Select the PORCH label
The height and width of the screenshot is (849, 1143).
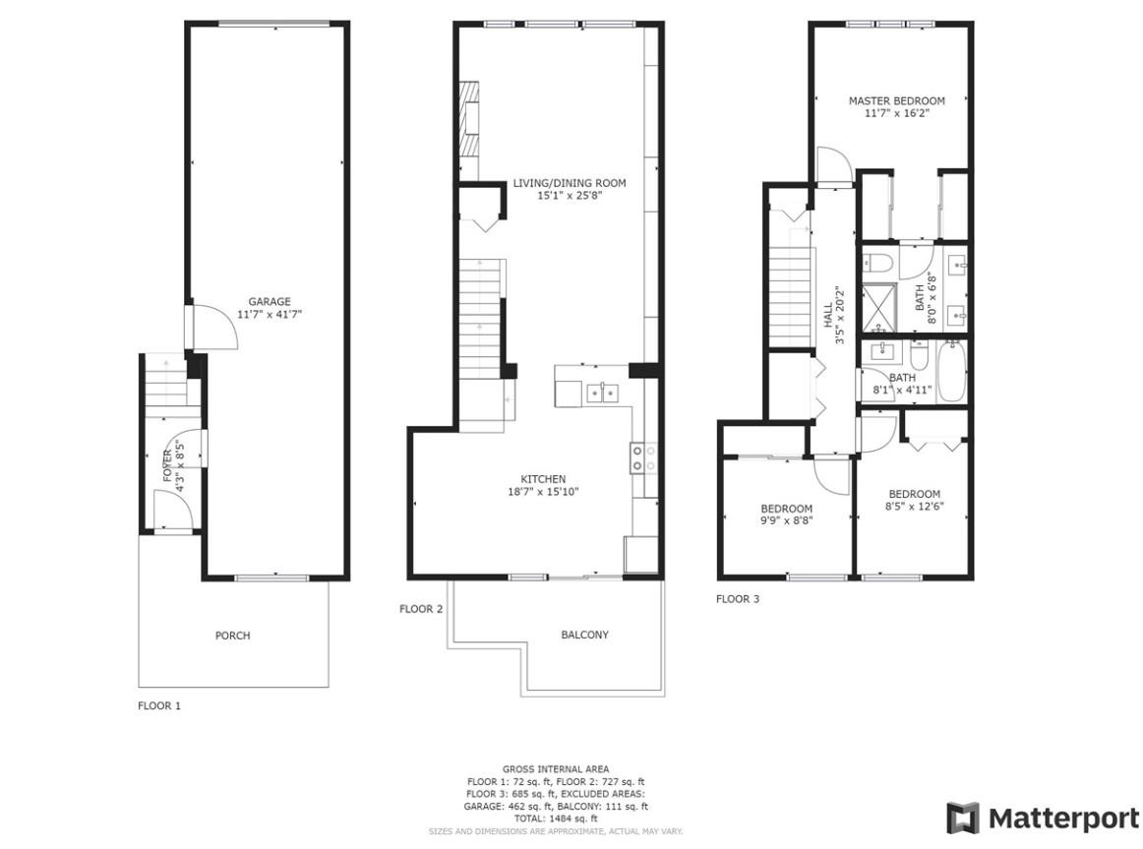(232, 636)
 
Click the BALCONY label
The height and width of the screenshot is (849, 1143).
(584, 636)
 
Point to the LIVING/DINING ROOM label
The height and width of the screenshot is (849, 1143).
(569, 183)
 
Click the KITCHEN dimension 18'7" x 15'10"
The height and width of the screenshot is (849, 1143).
(538, 492)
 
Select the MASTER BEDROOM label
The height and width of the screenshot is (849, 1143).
(896, 100)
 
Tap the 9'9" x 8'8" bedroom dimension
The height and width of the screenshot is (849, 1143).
(786, 521)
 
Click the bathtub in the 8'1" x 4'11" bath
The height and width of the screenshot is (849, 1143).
(951, 371)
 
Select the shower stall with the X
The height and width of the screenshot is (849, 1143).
(879, 304)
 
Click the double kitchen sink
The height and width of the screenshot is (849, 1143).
(602, 394)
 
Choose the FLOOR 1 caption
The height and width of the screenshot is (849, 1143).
(158, 705)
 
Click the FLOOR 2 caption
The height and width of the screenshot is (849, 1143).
(421, 609)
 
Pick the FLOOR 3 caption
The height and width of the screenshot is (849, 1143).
(737, 598)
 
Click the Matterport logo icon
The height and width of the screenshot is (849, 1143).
(963, 818)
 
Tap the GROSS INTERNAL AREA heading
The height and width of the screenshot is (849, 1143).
(555, 769)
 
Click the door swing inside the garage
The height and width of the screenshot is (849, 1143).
(214, 325)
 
